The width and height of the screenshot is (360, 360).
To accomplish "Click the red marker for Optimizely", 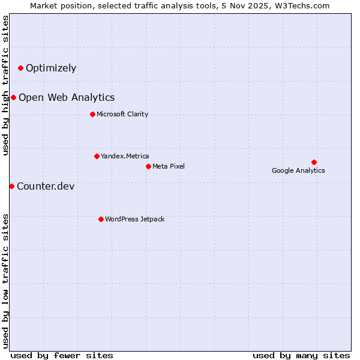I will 21,68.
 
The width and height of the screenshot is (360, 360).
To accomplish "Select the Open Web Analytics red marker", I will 14,97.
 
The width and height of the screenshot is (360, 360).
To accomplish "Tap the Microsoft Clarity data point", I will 92,114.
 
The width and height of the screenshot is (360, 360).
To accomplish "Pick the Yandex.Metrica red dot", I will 97,156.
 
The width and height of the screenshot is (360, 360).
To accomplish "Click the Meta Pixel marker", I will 148,166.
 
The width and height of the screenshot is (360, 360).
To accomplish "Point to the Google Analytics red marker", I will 314,162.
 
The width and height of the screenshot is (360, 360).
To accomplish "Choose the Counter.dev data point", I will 11,186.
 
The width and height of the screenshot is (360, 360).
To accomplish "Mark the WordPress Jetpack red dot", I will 101,219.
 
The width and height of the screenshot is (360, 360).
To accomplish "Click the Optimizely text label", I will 51,68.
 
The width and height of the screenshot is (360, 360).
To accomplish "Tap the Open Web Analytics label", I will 67,97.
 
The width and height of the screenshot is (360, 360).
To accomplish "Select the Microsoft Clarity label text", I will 122,114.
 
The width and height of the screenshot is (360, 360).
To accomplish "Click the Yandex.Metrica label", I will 125,156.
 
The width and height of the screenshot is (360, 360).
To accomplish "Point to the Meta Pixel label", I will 169,166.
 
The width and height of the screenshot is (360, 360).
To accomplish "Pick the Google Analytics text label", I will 298,170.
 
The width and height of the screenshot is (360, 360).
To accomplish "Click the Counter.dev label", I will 46,186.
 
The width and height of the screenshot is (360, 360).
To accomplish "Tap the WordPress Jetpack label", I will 134,219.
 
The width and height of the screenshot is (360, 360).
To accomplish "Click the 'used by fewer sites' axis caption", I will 62,355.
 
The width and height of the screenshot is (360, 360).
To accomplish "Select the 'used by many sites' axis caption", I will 301,355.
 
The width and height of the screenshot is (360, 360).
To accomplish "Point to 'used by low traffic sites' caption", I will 6,280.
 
